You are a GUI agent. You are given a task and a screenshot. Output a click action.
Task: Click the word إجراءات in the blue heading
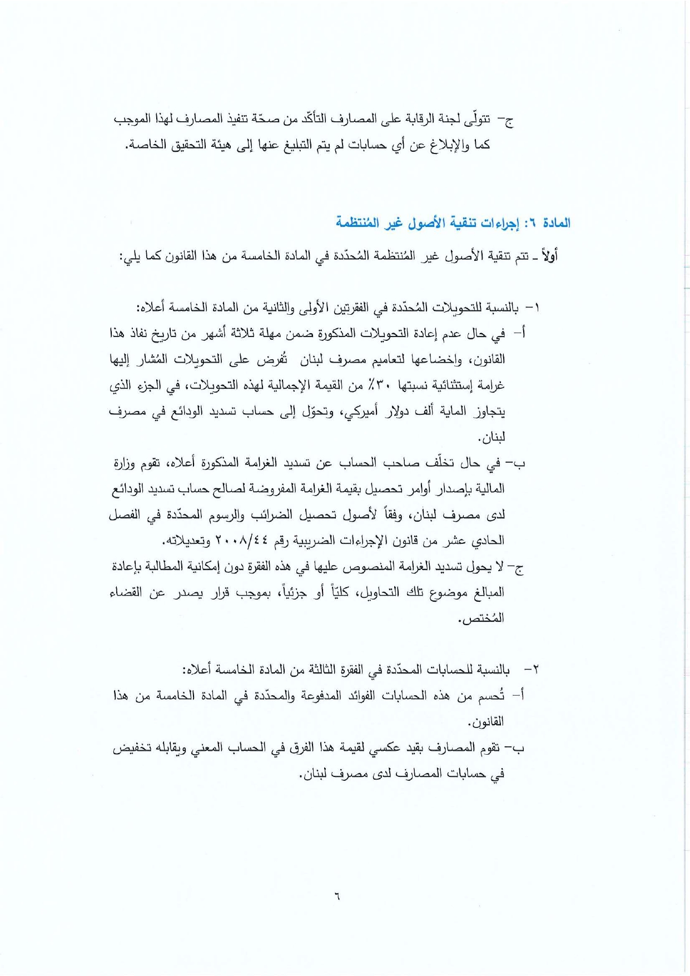[x=498, y=224]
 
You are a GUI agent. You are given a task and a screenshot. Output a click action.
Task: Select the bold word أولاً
[x=549, y=256]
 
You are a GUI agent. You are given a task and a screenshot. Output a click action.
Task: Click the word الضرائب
[x=268, y=514]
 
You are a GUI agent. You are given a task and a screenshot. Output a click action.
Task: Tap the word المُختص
[x=481, y=618]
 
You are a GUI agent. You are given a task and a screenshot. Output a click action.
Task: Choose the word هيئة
[x=211, y=145]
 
